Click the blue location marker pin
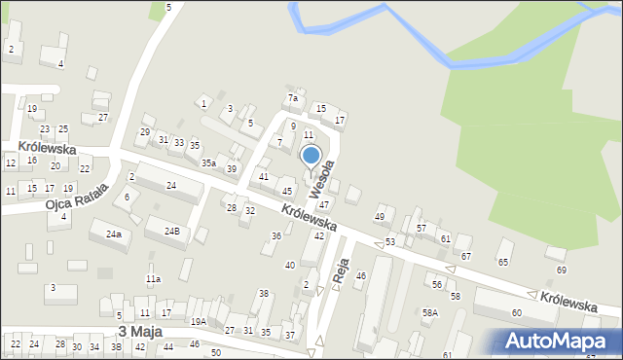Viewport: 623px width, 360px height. [311, 157]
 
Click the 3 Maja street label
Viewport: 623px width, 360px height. [139, 331]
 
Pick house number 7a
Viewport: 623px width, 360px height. [292, 98]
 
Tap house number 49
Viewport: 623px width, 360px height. [380, 216]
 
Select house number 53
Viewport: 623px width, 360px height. [390, 240]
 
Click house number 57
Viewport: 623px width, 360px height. [421, 228]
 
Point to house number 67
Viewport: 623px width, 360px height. [466, 255]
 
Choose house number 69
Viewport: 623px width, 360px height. [561, 270]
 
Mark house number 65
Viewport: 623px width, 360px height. [503, 263]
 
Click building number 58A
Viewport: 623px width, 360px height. [429, 312]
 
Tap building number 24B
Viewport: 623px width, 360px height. [171, 231]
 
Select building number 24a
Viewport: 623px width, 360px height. [115, 234]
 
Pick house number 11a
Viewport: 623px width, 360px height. [153, 279]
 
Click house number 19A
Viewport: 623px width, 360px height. [198, 321]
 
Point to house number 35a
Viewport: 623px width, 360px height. [208, 163]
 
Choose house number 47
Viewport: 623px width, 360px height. [324, 204]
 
